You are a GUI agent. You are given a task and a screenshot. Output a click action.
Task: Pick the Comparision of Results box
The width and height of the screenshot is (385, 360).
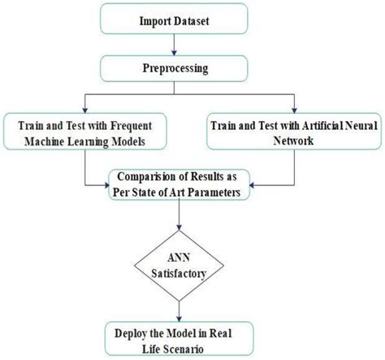tap(192, 184)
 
